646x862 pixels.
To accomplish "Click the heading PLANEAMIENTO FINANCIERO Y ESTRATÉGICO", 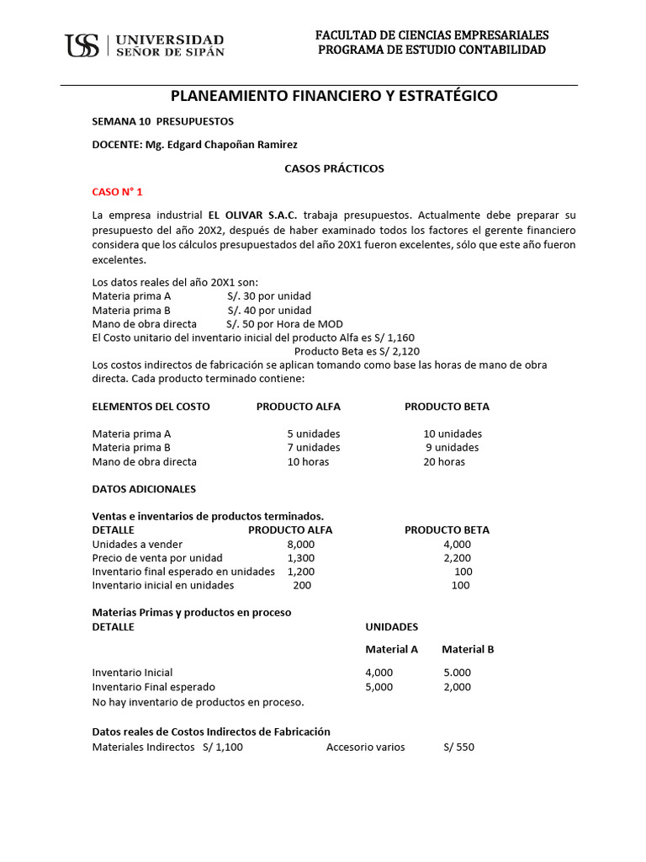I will (x=334, y=96).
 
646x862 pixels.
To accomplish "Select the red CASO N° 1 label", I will (x=117, y=192).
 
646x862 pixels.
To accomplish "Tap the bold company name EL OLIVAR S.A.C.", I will (x=252, y=215).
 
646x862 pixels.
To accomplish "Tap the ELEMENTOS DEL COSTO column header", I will (x=151, y=407).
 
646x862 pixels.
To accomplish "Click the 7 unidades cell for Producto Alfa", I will (x=313, y=448).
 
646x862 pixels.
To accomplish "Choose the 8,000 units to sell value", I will (x=300, y=545).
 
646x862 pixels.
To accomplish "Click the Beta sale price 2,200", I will (x=457, y=558).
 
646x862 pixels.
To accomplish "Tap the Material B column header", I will (x=468, y=649).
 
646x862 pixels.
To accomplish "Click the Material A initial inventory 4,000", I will (x=379, y=673).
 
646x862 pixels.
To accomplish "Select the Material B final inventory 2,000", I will (x=457, y=687).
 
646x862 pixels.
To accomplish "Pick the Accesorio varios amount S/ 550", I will (x=458, y=747).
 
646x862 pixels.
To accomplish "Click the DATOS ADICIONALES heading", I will (x=143, y=489).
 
